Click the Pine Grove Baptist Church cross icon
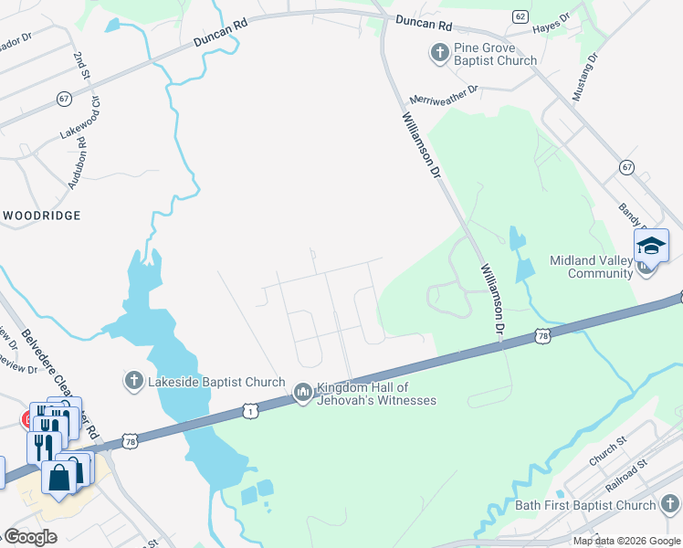439,54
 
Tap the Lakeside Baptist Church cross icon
133,379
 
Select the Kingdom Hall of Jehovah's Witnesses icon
303,393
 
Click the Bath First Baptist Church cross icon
669,504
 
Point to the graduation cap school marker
651,245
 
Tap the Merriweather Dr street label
444,93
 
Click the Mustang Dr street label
591,70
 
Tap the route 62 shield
520,16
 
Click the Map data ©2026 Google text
626,541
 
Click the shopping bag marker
59,478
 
